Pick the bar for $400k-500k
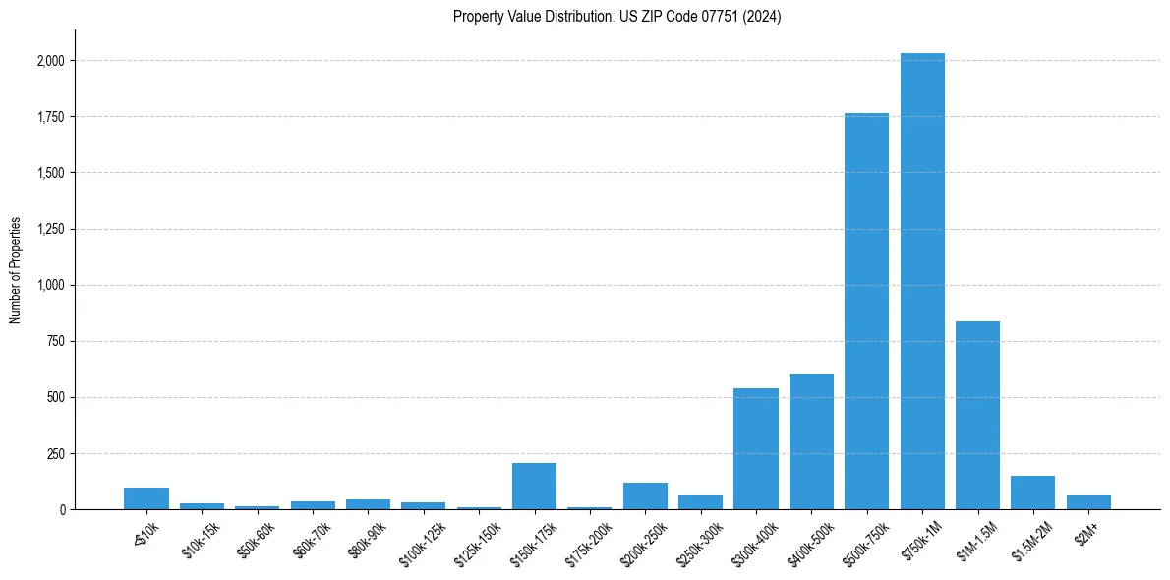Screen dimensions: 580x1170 pyautogui.click(x=811, y=441)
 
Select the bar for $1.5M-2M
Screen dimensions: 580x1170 pyautogui.click(x=1032, y=493)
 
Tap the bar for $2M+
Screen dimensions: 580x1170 pyautogui.click(x=1088, y=502)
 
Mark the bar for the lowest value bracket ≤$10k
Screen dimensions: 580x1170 pyautogui.click(x=146, y=498)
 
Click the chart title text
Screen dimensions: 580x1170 pyautogui.click(x=616, y=17)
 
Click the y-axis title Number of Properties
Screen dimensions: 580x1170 pyautogui.click(x=16, y=270)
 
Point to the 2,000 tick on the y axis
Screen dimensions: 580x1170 pyautogui.click(x=51, y=61)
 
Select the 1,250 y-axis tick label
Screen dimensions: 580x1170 pyautogui.click(x=51, y=229)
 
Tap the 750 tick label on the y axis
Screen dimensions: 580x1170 pyautogui.click(x=55, y=341)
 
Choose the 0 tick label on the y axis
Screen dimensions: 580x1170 pyautogui.click(x=61, y=509)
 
